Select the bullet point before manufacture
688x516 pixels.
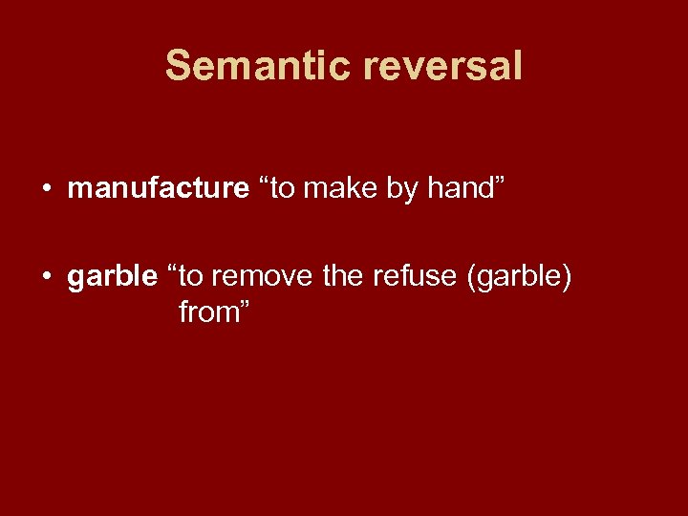[46, 190]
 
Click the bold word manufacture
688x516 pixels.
[158, 189]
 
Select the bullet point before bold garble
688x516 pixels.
[46, 278]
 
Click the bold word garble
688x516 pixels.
[112, 277]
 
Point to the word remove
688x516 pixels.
[252, 277]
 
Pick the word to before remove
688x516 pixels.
[191, 277]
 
